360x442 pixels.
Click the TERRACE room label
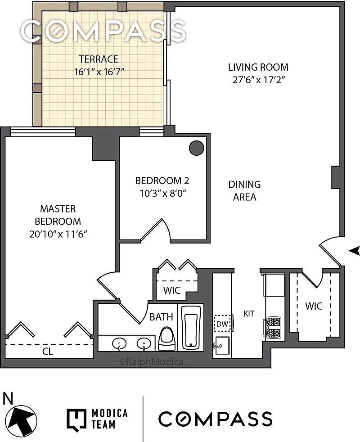(x=99, y=59)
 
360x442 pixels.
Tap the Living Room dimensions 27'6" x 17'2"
(x=258, y=80)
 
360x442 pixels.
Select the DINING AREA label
(x=244, y=190)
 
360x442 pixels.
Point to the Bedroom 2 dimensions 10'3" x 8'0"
(x=162, y=194)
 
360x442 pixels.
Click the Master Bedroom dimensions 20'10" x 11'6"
(x=58, y=234)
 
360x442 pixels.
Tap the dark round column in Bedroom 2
(x=197, y=148)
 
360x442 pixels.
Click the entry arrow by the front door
(x=354, y=250)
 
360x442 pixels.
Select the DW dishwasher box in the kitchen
(x=222, y=324)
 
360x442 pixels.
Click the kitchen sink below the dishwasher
(x=222, y=346)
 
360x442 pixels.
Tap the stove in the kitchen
(x=274, y=327)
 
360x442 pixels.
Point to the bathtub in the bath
(x=191, y=327)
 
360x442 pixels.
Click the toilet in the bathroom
(x=167, y=338)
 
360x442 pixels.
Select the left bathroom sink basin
(x=119, y=343)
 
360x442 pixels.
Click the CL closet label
(x=48, y=351)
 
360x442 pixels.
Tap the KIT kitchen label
(x=249, y=313)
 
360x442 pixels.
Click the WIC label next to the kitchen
(x=314, y=306)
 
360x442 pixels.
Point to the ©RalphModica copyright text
(x=151, y=362)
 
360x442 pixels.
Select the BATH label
(x=161, y=317)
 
